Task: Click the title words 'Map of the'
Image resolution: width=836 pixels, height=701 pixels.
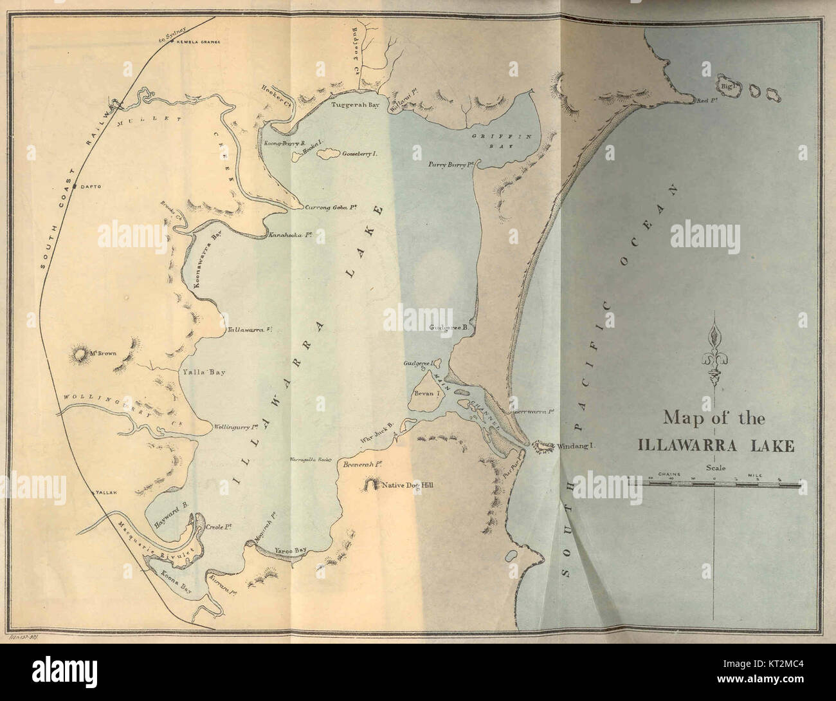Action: [714, 419]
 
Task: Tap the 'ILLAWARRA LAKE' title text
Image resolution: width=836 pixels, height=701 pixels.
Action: [715, 445]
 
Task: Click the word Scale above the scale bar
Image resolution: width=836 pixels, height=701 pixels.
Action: [715, 468]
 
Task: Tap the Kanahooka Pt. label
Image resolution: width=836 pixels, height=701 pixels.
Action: [291, 234]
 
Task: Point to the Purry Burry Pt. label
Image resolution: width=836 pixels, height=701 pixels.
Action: [451, 165]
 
